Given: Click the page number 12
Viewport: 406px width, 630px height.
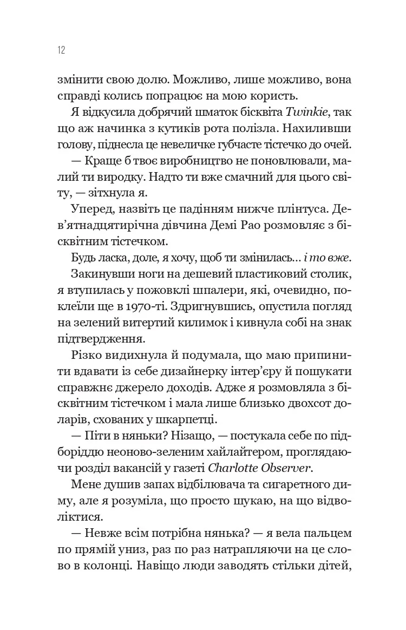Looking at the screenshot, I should pyautogui.click(x=60, y=50).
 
